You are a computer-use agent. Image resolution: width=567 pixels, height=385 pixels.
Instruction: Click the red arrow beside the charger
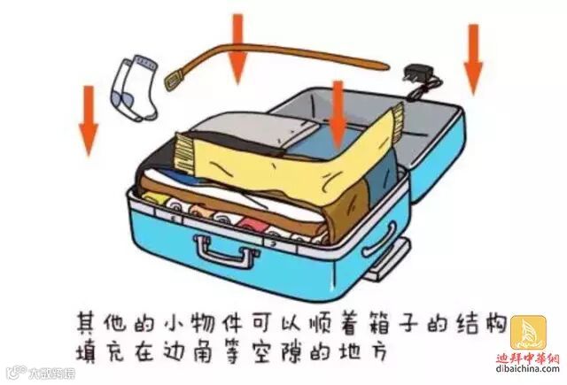click(x=472, y=57)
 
